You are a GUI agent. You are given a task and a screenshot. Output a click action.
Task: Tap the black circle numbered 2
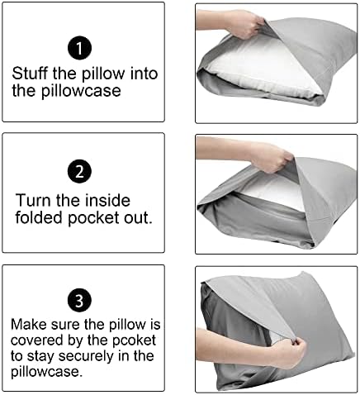coord(77,172)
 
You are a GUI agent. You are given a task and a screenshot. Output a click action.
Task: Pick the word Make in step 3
coord(28,326)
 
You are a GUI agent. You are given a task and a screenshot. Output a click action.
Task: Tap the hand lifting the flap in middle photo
coord(263,154)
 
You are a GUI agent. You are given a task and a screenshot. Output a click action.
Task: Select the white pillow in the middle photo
coord(249,189)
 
